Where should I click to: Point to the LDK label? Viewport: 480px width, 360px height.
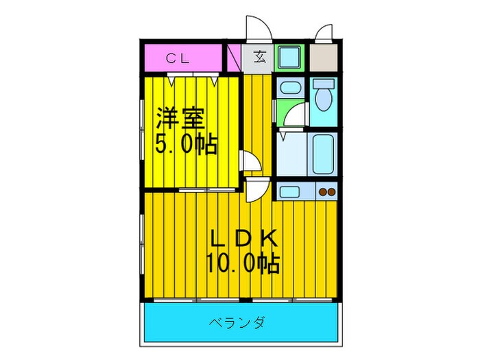coord(244,238)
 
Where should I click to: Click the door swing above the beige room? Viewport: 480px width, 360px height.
coord(324,33)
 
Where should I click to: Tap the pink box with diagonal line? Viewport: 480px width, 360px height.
coord(233,58)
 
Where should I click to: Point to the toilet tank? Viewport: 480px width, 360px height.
coord(322,84)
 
